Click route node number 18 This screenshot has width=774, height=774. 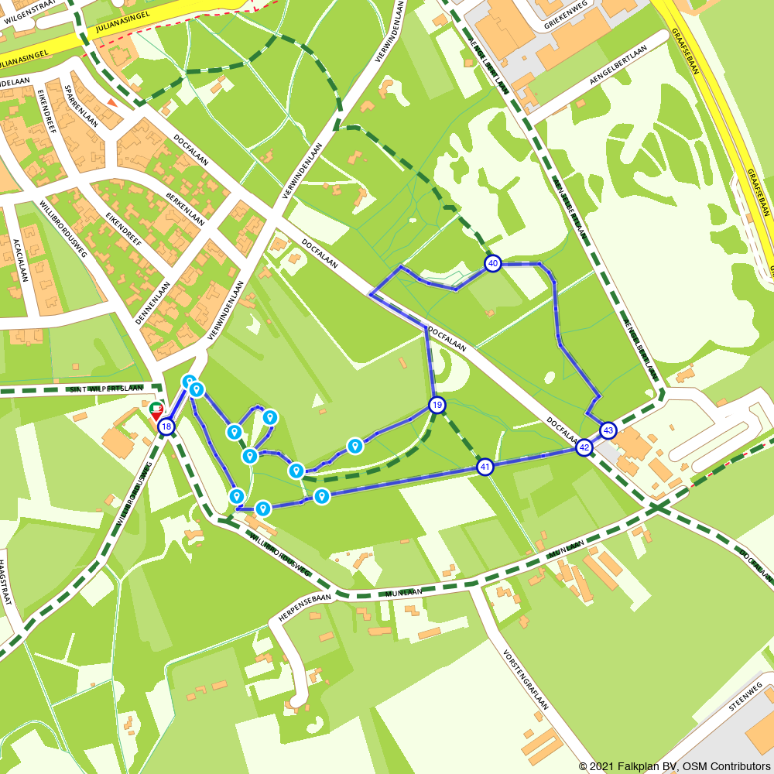click(166, 426)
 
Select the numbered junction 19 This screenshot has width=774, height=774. click(437, 405)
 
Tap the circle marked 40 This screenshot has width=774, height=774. click(493, 264)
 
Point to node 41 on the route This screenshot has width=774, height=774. click(485, 467)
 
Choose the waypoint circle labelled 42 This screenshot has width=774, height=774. click(584, 447)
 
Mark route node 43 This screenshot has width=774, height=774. click(608, 430)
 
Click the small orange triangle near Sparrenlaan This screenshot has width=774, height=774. click(113, 102)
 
